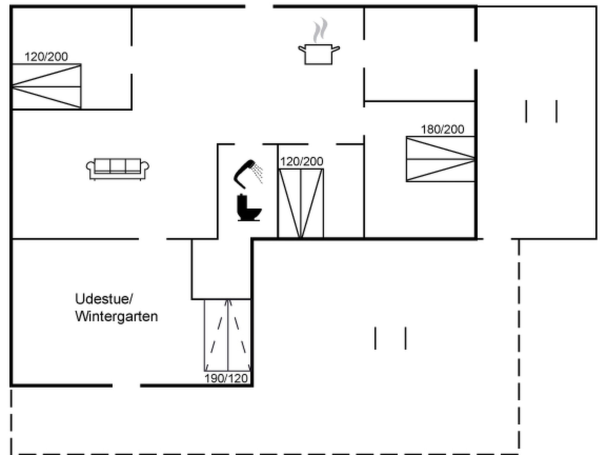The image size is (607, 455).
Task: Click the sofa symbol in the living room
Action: pyautogui.click(x=118, y=169)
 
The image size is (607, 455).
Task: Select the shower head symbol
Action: pyautogui.click(x=244, y=174)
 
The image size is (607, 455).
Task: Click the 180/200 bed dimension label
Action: pyautogui.click(x=443, y=129)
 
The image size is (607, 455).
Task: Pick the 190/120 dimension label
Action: pyautogui.click(x=226, y=379)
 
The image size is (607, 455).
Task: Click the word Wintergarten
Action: pyautogui.click(x=116, y=317)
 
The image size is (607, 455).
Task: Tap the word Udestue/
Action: pyautogui.click(x=104, y=299)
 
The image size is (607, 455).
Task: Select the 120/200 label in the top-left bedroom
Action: pyautogui.click(x=46, y=57)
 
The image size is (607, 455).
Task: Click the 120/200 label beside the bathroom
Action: pyautogui.click(x=302, y=162)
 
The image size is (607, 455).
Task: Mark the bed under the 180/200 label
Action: pyautogui.click(x=440, y=159)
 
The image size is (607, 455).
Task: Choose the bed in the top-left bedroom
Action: pyautogui.click(x=47, y=86)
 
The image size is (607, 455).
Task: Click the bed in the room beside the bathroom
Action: pyautogui.click(x=301, y=203)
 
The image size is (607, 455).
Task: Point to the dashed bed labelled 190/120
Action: pyautogui.click(x=227, y=335)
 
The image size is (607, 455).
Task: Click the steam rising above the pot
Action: pyautogui.click(x=320, y=30)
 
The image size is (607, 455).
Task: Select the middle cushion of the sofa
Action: pyautogui.click(x=118, y=165)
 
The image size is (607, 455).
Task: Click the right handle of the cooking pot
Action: pyautogui.click(x=336, y=49)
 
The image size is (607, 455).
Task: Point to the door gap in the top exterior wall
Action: pyautogui.click(x=259, y=6)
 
